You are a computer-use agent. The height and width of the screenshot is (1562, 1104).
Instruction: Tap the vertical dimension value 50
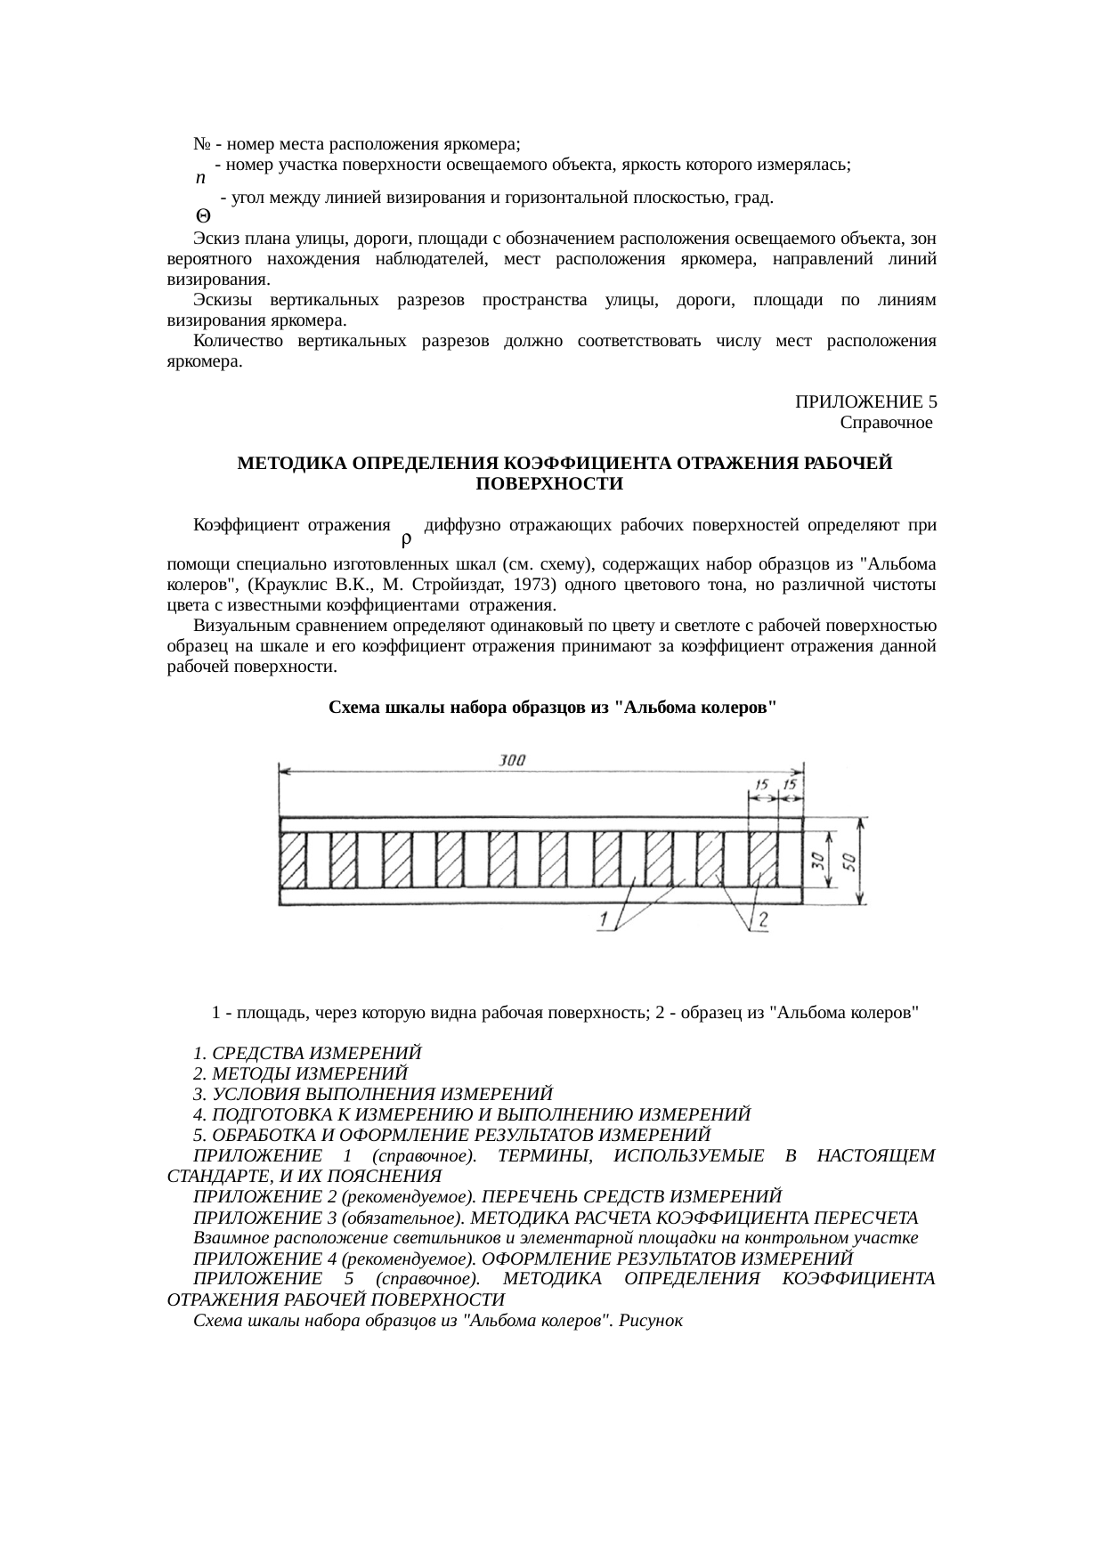click(x=850, y=861)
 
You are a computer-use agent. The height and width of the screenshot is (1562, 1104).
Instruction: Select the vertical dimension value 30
click(x=816, y=860)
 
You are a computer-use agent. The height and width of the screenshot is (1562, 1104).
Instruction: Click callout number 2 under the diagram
click(x=763, y=919)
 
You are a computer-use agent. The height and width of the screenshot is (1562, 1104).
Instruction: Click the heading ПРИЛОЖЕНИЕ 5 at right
click(x=865, y=401)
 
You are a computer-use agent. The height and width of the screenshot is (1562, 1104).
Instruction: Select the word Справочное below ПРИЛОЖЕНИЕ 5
click(x=886, y=422)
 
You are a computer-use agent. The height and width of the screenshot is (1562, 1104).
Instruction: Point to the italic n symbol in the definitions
click(x=200, y=177)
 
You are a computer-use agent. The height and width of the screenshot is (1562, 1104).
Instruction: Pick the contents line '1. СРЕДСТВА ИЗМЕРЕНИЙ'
click(x=307, y=1053)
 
